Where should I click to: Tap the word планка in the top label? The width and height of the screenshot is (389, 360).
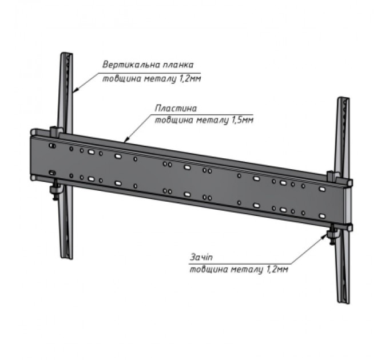178,65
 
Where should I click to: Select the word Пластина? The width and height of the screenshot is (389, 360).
176,109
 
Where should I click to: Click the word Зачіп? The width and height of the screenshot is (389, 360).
201,257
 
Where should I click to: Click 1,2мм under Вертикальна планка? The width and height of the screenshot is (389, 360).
190,79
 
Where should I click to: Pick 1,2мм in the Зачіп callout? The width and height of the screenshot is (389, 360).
277,269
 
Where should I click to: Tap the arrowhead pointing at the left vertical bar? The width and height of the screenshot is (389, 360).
75,90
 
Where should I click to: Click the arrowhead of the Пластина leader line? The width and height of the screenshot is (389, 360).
126,141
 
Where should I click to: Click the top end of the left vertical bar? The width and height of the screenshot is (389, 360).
67,54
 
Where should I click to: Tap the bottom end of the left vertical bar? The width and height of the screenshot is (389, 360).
67,258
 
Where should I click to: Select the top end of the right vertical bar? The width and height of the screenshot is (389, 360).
343,98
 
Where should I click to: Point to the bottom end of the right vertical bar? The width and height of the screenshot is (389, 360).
343,302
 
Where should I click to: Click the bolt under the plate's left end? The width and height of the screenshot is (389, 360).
54,191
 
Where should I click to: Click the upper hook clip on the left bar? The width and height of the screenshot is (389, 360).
57,131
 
